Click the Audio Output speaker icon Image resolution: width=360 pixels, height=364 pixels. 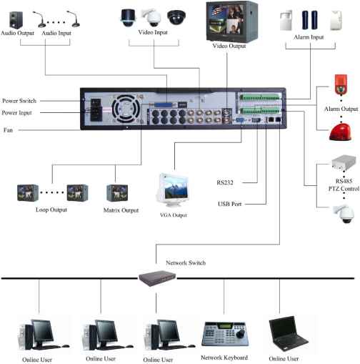tap(16, 20)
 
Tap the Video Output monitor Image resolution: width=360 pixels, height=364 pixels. tap(231, 21)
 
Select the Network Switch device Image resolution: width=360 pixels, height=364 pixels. tap(157, 277)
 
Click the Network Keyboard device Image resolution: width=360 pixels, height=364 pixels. tap(225, 334)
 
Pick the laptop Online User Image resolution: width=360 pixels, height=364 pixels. tap(288, 334)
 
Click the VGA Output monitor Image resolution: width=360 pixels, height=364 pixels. tap(173, 190)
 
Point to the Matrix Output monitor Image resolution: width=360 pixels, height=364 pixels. tap(117, 192)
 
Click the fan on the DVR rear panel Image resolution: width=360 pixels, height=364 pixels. tap(126, 109)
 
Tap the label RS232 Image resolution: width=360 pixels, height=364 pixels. tap(225, 182)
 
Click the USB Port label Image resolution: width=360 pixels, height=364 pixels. tap(229, 204)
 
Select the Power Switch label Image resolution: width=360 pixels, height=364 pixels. tap(19, 101)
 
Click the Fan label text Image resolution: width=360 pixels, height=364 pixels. tap(8, 130)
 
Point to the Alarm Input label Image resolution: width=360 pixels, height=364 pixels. tap(309, 37)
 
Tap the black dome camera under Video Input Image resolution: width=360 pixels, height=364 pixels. tap(176, 17)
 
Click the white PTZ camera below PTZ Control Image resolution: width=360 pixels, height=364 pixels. tap(343, 213)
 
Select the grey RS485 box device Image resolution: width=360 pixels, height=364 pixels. tap(344, 162)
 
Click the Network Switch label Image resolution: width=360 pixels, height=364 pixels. tap(186, 262)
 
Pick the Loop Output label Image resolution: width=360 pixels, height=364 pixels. tap(51, 210)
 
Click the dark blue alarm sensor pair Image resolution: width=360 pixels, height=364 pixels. tap(309, 20)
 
